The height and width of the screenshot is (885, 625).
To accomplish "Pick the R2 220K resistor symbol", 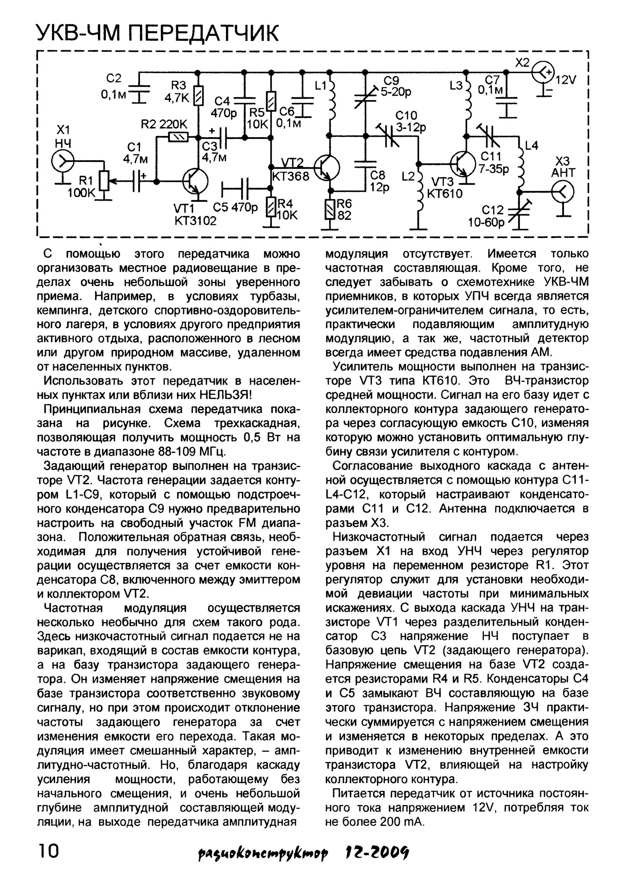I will [x=178, y=137].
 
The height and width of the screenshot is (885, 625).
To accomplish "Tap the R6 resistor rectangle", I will [x=330, y=209].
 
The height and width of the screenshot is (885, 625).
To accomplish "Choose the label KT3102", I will [x=196, y=221].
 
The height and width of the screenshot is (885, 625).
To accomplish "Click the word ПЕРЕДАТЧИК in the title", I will [x=202, y=33].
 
